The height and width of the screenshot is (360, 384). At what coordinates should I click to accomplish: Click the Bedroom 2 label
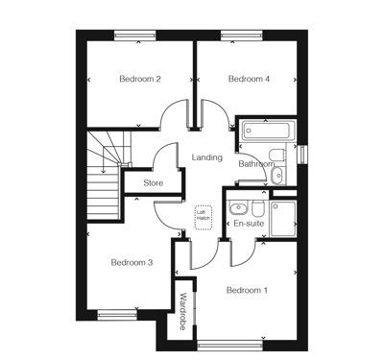[139, 79]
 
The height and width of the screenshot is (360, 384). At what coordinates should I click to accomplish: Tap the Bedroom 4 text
[248, 79]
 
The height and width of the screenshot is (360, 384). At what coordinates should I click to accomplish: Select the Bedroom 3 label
[132, 262]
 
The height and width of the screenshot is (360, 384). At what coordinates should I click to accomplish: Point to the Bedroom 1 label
[247, 290]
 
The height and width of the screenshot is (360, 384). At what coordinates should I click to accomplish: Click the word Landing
[207, 157]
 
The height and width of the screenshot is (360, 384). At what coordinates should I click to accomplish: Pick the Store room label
[154, 181]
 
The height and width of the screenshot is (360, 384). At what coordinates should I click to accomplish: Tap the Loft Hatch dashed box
[204, 218]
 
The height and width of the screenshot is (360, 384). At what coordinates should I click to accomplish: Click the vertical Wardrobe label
[181, 312]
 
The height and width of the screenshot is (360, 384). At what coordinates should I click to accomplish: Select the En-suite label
[249, 224]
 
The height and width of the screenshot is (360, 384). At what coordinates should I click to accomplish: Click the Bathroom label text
[256, 164]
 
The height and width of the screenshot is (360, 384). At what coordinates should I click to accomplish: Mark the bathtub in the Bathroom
[269, 130]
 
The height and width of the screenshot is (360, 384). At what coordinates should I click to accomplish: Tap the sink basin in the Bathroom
[277, 176]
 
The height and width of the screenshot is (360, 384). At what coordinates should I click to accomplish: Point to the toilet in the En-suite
[258, 207]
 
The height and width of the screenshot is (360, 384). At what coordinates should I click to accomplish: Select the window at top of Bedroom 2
[134, 36]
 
